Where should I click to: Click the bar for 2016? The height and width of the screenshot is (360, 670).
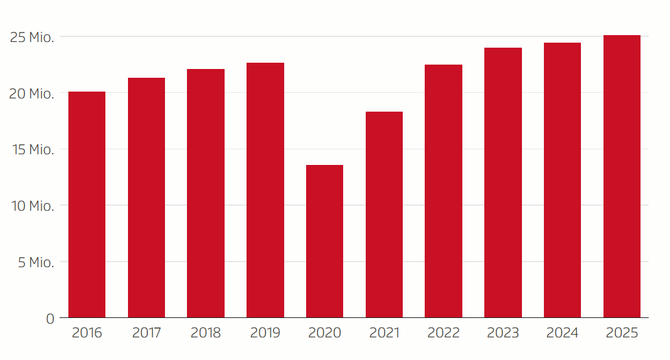(87, 204)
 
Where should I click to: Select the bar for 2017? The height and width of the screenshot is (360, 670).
(146, 198)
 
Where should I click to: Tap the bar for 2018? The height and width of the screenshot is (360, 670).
(206, 193)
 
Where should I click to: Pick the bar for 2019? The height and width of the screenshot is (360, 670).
(265, 190)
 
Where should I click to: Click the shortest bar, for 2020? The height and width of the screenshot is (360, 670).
(324, 241)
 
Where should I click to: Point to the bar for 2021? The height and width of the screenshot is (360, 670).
(384, 214)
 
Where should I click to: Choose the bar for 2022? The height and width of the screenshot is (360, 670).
(444, 191)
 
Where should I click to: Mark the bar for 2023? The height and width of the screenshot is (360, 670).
(503, 183)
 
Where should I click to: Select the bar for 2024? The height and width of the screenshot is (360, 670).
(562, 180)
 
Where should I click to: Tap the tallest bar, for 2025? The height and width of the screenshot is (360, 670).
(622, 176)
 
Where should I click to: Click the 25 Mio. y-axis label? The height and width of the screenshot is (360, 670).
(33, 38)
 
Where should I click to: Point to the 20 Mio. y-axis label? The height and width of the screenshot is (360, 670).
(33, 94)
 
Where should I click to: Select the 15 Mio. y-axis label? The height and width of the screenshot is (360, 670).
(33, 150)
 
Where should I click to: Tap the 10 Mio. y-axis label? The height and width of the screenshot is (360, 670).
(33, 206)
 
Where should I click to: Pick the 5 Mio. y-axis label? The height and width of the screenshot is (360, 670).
(36, 262)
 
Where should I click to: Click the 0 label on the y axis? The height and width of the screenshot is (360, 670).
(50, 319)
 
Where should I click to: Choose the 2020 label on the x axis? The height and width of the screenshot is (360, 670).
(324, 333)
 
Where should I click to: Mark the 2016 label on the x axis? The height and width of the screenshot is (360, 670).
(87, 333)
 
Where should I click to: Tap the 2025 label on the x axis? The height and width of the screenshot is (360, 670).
(622, 333)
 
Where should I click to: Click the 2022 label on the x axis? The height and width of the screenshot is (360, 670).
(444, 333)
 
